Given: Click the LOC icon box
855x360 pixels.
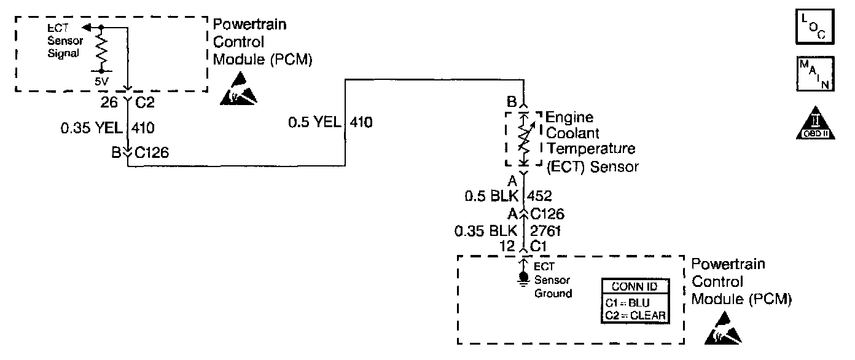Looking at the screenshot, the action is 814,26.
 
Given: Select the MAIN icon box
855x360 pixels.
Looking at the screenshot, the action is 815,74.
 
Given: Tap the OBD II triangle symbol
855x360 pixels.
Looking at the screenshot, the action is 815,123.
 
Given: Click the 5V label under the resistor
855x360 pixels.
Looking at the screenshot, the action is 101,81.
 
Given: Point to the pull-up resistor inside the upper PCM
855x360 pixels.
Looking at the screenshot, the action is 101,49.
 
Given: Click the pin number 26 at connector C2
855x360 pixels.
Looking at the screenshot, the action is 109,103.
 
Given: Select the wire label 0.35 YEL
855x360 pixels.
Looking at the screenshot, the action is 92,128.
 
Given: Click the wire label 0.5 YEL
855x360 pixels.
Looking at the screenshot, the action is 314,122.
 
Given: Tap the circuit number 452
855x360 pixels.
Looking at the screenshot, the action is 539,196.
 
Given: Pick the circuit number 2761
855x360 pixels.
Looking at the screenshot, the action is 545,231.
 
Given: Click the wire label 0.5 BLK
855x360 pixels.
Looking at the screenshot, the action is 491,196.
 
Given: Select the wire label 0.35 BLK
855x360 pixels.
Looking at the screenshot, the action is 485,231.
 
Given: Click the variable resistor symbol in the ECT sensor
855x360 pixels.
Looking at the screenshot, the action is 525,139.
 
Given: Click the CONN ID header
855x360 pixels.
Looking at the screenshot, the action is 634,286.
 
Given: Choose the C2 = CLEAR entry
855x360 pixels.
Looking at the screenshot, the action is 635,316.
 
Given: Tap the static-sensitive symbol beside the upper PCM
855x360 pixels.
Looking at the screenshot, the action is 239,89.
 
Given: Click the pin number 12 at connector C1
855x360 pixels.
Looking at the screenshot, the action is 507,246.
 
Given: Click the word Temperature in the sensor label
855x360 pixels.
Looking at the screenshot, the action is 591,148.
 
